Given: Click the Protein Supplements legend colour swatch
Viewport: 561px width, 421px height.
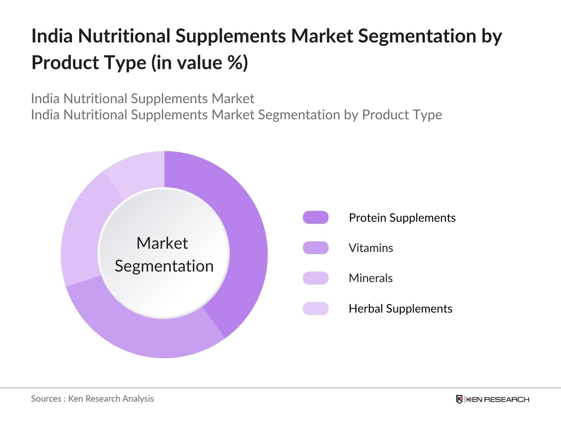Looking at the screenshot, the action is tap(316, 218).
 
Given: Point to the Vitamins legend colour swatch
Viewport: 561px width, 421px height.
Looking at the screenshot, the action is tap(316, 248).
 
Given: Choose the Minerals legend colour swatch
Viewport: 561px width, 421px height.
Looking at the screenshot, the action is tap(316, 278).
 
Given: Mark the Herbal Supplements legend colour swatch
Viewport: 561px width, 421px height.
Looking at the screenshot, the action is tap(316, 308).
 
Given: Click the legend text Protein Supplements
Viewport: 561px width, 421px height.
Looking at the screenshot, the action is tap(402, 218).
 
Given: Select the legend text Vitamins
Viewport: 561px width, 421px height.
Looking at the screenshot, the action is tap(371, 248).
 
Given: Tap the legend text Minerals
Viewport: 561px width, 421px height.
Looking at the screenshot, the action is tap(371, 278).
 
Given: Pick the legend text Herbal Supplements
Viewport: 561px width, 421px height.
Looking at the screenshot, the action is tap(400, 309).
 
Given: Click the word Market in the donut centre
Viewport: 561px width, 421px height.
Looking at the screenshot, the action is tap(162, 243).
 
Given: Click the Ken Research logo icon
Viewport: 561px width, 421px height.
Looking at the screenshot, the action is tap(459, 399).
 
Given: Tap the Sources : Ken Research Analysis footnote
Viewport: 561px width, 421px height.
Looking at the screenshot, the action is tap(92, 399).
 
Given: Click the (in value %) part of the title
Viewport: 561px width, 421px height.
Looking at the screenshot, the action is tap(200, 63).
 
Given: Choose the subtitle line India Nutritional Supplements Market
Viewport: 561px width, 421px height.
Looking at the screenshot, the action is tap(143, 99).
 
